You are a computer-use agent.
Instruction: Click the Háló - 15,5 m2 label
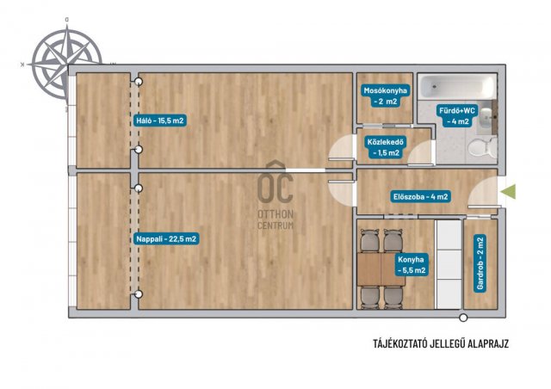pyautogui.click(x=160, y=120)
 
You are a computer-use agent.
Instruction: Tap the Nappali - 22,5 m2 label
pyautogui.click(x=166, y=239)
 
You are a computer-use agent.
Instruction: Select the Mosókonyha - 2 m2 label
pyautogui.click(x=385, y=96)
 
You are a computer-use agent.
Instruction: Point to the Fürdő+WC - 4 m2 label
pyautogui.click(x=457, y=116)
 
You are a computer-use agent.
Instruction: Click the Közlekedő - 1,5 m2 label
pyautogui.click(x=385, y=147)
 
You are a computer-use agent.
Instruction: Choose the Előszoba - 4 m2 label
pyautogui.click(x=421, y=197)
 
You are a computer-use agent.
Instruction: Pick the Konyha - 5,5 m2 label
pyautogui.click(x=412, y=265)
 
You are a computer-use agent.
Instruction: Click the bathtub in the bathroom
pyautogui.click(x=457, y=86)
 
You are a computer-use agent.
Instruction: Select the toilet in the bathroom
pyautogui.click(x=482, y=146)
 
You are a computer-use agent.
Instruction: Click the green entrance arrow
pyautogui.click(x=508, y=192)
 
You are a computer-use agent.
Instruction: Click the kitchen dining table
pyautogui.click(x=381, y=269)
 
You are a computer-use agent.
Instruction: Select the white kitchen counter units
pyautogui.click(x=448, y=264)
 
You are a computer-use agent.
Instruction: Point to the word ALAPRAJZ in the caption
pyautogui.click(x=488, y=343)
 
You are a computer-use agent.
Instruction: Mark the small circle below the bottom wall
pyautogui.click(x=464, y=318)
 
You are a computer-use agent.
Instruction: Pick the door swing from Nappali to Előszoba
pyautogui.click(x=341, y=194)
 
